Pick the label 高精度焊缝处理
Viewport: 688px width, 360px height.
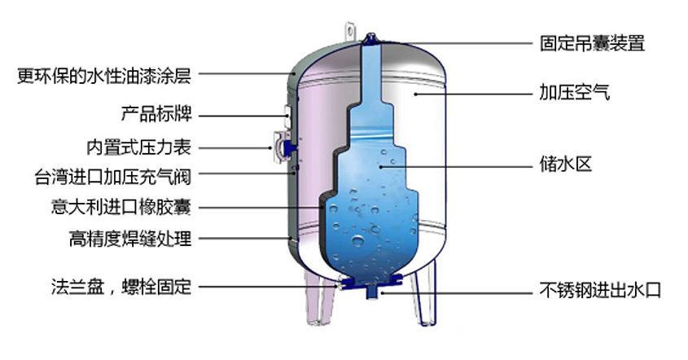129,239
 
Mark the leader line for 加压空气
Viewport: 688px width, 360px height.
471,94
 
